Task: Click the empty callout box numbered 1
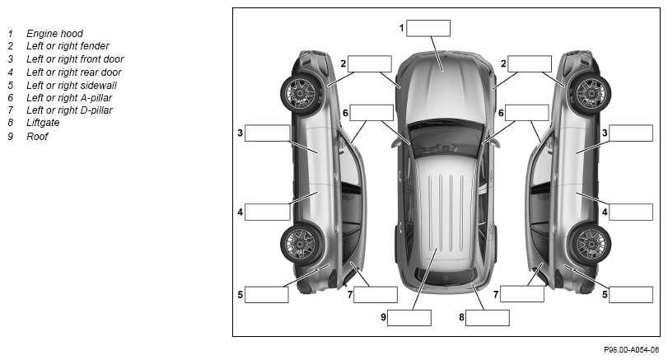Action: pyautogui.click(x=428, y=28)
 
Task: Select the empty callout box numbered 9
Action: pyautogui.click(x=409, y=318)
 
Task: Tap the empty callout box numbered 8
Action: pyautogui.click(x=488, y=318)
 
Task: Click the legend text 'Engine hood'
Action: pyautogui.click(x=54, y=34)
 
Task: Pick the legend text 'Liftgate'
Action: pyautogui.click(x=43, y=123)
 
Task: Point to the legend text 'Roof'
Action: pyautogui.click(x=37, y=136)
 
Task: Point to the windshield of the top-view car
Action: pyautogui.click(x=446, y=138)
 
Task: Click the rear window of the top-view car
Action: pyautogui.click(x=446, y=277)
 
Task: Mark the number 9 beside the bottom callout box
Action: pyautogui.click(x=383, y=317)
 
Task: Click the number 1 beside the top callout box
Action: pyautogui.click(x=401, y=28)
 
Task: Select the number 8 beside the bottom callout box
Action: pyautogui.click(x=461, y=317)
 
